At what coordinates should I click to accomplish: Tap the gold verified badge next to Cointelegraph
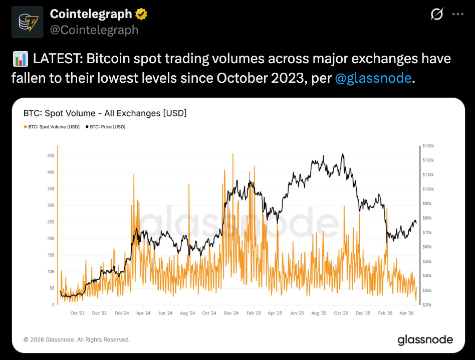pos(142,14)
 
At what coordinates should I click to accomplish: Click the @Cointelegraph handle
pos(94,30)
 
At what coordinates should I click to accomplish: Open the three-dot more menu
pos(457,15)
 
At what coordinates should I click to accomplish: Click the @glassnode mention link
pos(372,79)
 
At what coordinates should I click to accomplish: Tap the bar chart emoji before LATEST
pos(21,60)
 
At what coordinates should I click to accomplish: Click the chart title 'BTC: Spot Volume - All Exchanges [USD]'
pos(105,113)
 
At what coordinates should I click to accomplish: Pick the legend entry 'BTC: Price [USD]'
pos(106,127)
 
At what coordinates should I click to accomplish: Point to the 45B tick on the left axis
pos(51,156)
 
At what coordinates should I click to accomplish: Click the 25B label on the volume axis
pos(51,222)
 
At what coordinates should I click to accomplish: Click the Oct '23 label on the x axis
pos(77,313)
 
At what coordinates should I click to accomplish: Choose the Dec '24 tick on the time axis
pos(231,313)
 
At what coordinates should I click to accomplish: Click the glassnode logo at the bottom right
pos(425,340)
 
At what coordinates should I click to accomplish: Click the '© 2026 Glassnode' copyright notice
pos(77,340)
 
